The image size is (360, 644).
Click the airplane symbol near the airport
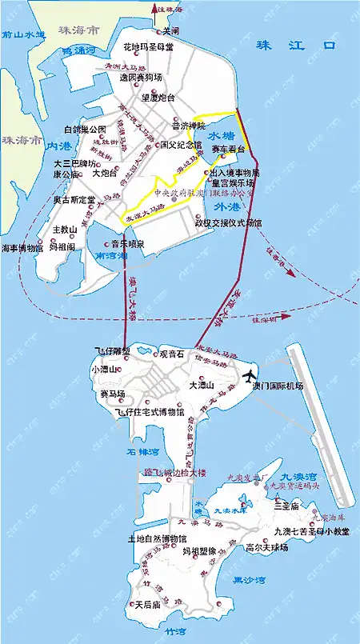pos(250,375)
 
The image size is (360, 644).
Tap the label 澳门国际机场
pos(278,386)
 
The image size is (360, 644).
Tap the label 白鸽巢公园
pos(86,130)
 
